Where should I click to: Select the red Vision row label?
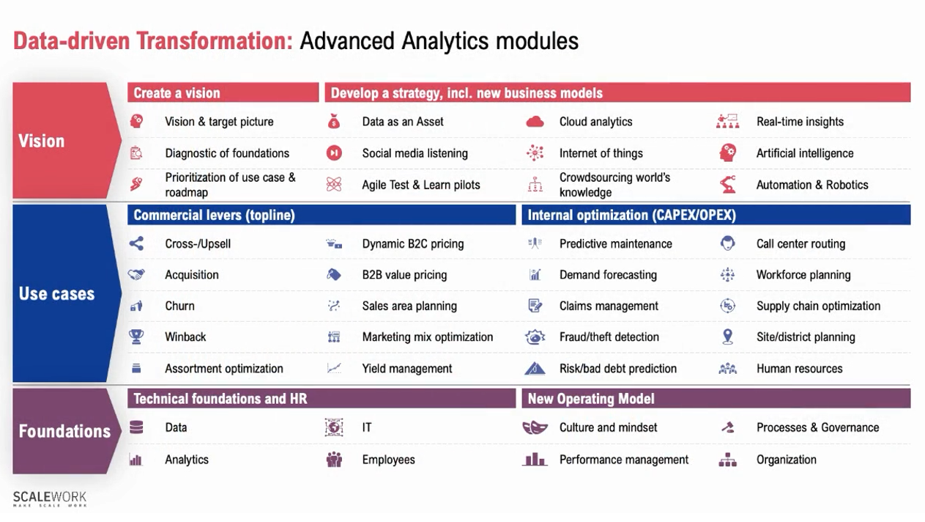coord(42,141)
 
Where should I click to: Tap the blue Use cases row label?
coord(56,293)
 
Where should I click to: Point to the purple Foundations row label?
coord(64,430)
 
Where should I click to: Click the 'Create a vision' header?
coord(177,93)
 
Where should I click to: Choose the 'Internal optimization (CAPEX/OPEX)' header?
coord(631,215)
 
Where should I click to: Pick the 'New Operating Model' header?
coord(590,399)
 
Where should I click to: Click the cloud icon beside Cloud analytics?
coord(535,122)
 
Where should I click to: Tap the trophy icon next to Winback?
coord(136,337)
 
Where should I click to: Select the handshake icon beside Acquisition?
coord(136,275)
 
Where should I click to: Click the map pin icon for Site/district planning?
coord(727,337)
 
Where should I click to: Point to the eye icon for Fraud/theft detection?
coord(535,337)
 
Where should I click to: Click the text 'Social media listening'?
coord(415,153)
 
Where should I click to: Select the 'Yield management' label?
coord(407,369)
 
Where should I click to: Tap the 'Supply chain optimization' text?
coord(818,306)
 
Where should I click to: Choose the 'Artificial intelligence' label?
coord(804,153)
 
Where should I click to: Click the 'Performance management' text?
coord(624,460)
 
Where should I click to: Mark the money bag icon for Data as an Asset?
coord(334,122)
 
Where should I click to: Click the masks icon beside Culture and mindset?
coord(535,427)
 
